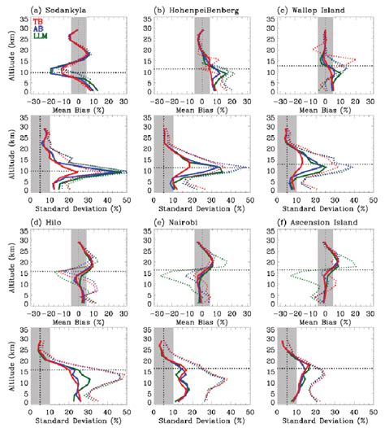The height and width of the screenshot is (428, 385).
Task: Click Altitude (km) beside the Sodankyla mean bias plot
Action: (x=8, y=58)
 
